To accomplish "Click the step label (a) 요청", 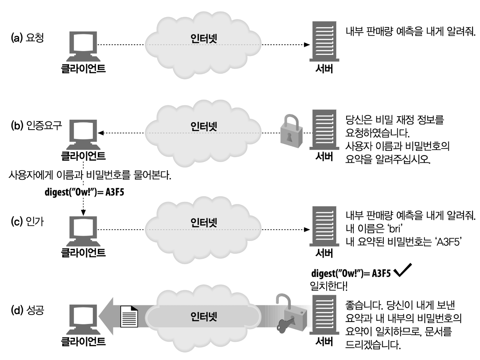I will [27, 38].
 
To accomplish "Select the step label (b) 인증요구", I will [36, 125].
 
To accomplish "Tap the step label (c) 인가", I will [27, 222].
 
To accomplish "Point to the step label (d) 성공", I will [27, 310].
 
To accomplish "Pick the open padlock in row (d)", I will [293, 309].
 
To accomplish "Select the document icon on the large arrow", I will [129, 316].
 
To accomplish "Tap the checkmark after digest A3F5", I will [402, 270].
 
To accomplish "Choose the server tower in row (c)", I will [324, 226].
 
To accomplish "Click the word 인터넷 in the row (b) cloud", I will [204, 126].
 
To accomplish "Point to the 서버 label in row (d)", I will [324, 341].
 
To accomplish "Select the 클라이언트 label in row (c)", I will [83, 253].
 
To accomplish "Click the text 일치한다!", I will [328, 286].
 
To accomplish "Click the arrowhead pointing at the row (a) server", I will [307, 45].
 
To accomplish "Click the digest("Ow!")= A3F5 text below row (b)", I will [84, 192].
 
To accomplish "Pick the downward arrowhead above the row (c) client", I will [83, 212].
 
